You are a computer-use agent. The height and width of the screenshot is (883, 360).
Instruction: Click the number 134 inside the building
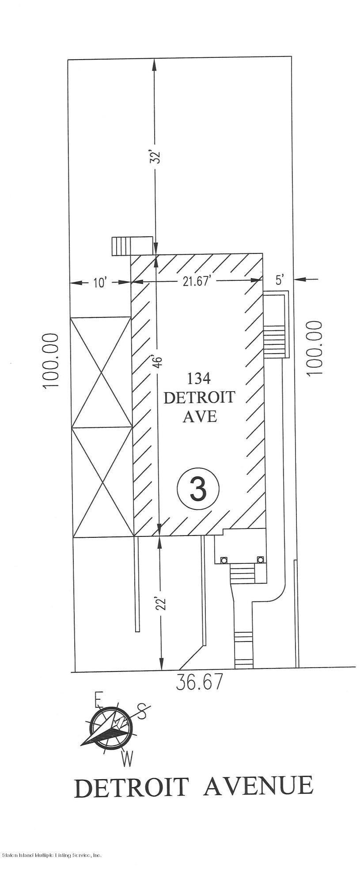199,378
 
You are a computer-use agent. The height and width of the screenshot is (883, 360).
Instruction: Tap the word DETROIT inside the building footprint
199,397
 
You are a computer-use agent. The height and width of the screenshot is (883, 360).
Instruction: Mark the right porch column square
260,559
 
